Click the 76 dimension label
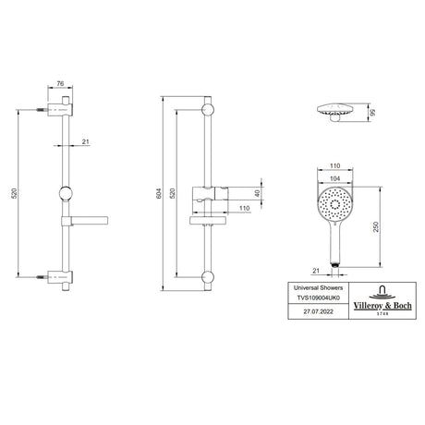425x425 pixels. [x=60, y=83]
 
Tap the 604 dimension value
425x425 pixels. [x=159, y=193]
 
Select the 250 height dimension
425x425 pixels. [x=376, y=226]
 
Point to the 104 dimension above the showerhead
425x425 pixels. [x=334, y=178]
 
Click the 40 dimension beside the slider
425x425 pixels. [x=258, y=193]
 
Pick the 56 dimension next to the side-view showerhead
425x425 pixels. [x=372, y=112]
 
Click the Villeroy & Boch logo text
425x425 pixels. [x=382, y=306]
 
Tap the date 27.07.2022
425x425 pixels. [x=318, y=311]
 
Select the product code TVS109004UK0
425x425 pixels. [x=318, y=297]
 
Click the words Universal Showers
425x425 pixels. [x=318, y=288]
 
